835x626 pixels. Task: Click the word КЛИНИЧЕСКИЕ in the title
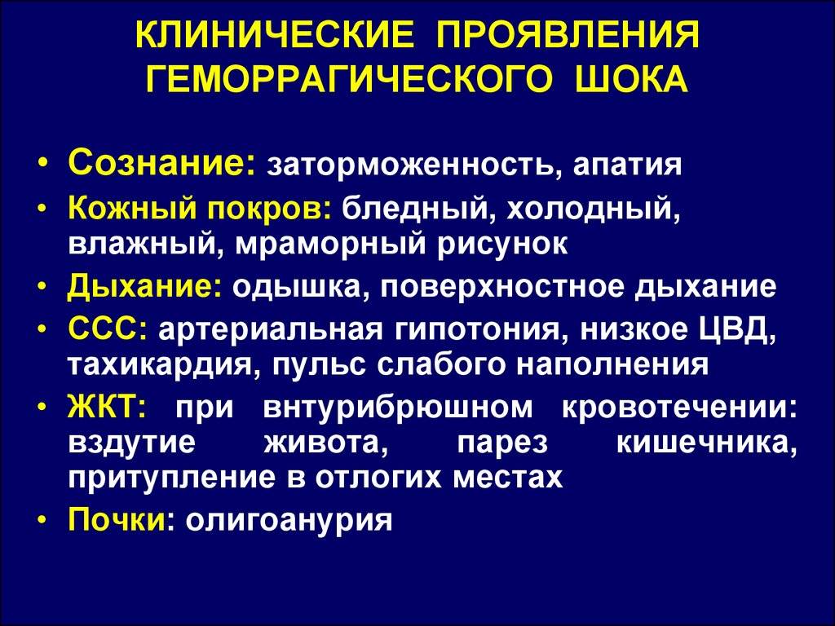point(275,36)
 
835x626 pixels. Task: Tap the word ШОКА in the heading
point(632,79)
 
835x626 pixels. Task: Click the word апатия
point(627,165)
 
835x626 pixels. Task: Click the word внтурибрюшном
point(398,408)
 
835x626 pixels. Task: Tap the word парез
point(502,444)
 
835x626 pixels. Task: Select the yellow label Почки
point(117,518)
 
